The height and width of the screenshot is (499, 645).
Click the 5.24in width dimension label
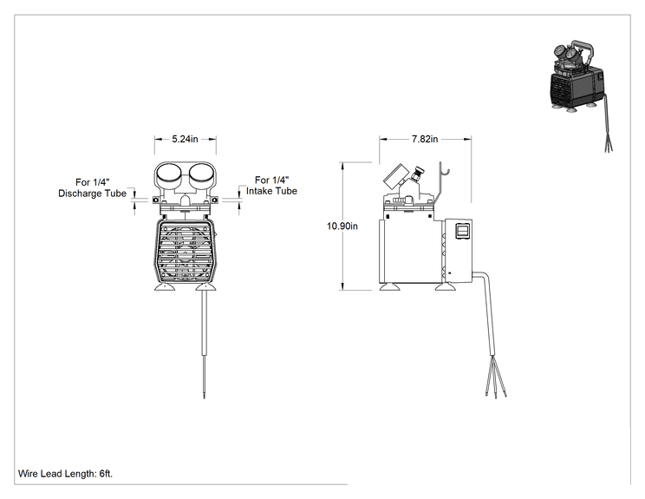click(186, 139)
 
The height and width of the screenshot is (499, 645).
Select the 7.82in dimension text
click(425, 139)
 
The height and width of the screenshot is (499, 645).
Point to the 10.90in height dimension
click(342, 226)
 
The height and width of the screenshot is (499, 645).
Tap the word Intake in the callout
click(260, 191)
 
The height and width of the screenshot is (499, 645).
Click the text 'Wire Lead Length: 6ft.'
click(65, 474)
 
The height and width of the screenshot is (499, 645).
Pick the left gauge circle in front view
click(169, 174)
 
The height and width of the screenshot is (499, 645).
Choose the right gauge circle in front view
click(201, 174)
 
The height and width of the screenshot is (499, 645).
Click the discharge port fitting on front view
click(155, 200)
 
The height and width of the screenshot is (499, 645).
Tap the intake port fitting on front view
click(214, 200)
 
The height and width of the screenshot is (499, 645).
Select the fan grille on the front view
click(186, 250)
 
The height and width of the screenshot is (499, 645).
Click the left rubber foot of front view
click(165, 286)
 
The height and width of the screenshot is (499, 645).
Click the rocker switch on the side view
click(462, 231)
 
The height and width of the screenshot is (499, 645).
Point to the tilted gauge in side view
click(395, 176)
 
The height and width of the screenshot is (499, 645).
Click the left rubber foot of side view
click(389, 287)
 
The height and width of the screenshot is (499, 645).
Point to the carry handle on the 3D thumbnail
click(585, 49)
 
